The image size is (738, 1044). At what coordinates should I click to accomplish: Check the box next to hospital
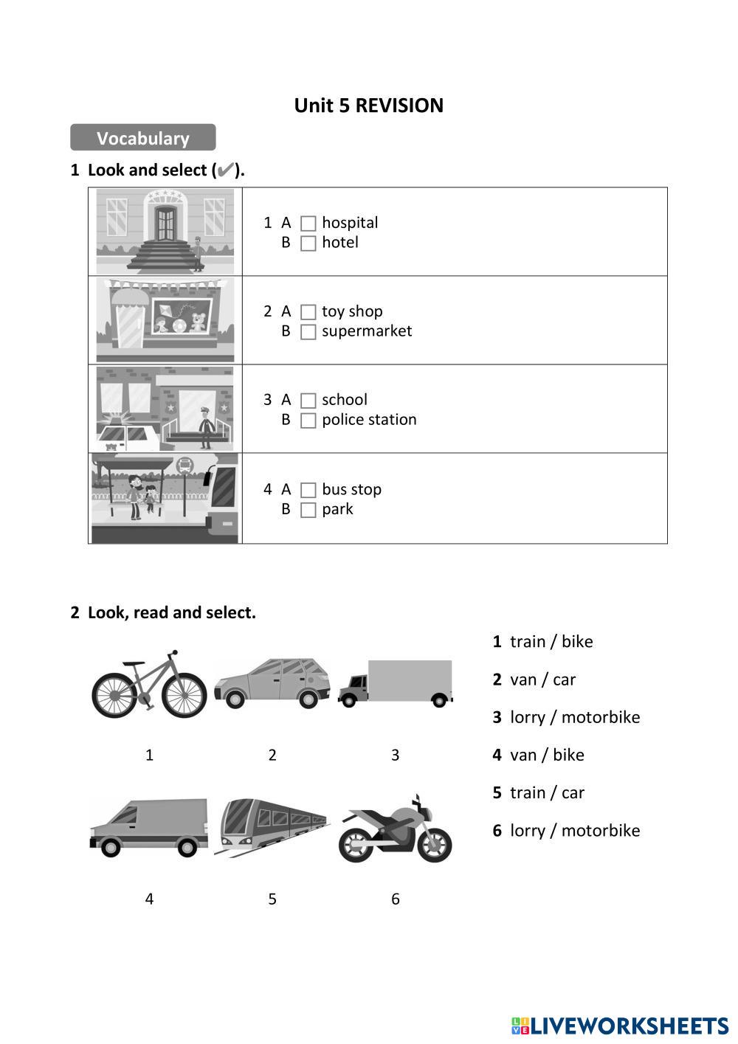coord(308,224)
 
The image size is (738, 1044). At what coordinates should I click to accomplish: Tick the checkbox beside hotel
coord(308,243)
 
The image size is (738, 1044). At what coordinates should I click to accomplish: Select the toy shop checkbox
coord(308,312)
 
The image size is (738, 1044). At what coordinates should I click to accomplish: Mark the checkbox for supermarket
coord(308,332)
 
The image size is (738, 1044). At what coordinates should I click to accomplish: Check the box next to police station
coord(308,421)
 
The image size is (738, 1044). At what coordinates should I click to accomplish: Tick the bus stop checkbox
coord(308,490)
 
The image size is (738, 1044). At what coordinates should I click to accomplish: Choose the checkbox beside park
coord(308,510)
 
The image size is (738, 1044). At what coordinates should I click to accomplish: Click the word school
coord(344,399)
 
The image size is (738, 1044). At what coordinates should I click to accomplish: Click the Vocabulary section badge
coord(142,137)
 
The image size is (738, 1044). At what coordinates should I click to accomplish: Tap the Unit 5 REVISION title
coord(369,106)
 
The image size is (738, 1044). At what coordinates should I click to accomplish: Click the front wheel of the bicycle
coord(184,695)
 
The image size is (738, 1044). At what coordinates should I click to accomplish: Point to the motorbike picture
coord(395,829)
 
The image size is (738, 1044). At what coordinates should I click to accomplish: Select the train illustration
coord(272,827)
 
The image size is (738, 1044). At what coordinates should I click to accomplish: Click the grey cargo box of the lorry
coord(410,680)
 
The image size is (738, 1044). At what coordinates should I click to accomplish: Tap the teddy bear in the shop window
coord(199,322)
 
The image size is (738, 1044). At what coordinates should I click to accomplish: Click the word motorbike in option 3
coord(601,717)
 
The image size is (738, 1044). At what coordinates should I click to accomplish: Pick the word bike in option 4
coord(568,755)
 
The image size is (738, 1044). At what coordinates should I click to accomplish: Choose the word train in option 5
coord(527,793)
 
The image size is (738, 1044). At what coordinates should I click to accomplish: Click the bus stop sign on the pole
coord(184,465)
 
